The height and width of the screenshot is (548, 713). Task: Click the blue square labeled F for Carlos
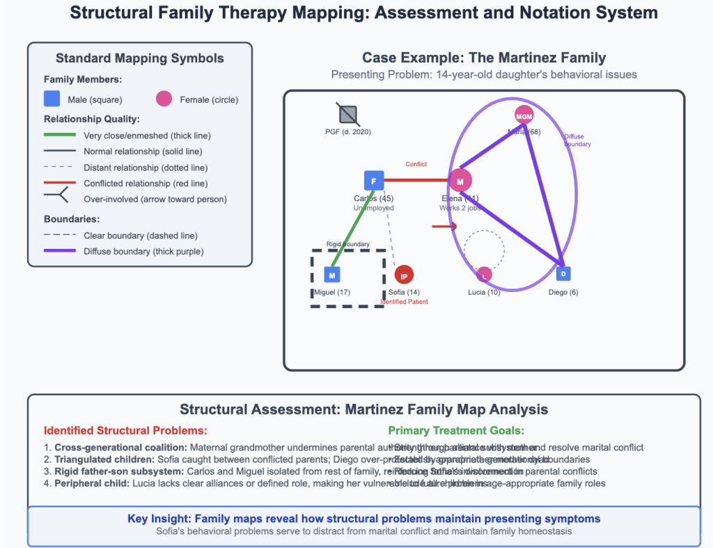pyautogui.click(x=374, y=182)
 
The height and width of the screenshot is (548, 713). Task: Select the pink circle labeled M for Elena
pyautogui.click(x=460, y=182)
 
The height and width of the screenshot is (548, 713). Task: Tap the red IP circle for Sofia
pyautogui.click(x=404, y=275)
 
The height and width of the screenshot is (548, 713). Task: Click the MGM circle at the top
pyautogui.click(x=524, y=115)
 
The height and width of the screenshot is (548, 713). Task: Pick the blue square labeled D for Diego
pyautogui.click(x=564, y=274)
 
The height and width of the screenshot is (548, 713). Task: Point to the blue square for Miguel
pyautogui.click(x=332, y=275)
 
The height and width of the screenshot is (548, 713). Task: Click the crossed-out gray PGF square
pyautogui.click(x=348, y=115)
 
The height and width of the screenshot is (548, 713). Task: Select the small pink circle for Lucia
pyautogui.click(x=484, y=274)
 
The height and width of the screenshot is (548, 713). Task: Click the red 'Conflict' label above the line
pyautogui.click(x=416, y=164)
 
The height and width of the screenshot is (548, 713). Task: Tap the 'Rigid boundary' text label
pyautogui.click(x=348, y=244)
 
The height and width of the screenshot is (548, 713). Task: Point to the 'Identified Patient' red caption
pyautogui.click(x=404, y=302)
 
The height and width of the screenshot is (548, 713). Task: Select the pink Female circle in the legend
pyautogui.click(x=164, y=99)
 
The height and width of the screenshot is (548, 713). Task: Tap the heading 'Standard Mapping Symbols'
pyautogui.click(x=139, y=58)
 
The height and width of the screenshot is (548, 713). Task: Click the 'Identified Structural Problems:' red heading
pyautogui.click(x=125, y=430)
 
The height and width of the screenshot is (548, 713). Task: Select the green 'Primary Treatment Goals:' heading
pyautogui.click(x=456, y=430)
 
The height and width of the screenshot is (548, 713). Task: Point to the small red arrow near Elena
pyautogui.click(x=444, y=226)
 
